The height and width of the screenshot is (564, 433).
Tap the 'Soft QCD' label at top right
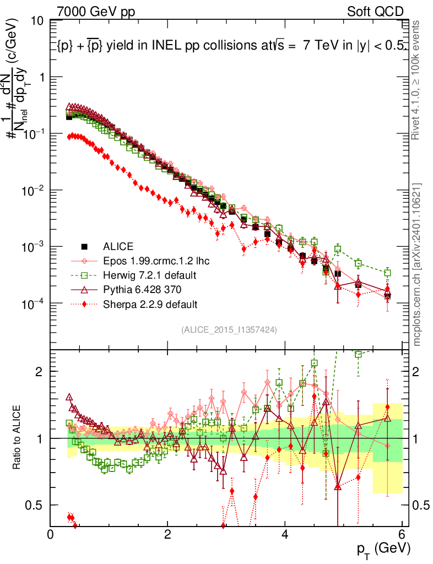(x=375, y=12)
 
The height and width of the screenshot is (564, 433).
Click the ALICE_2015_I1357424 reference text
(x=229, y=329)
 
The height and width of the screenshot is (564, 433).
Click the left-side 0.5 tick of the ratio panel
(x=36, y=505)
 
